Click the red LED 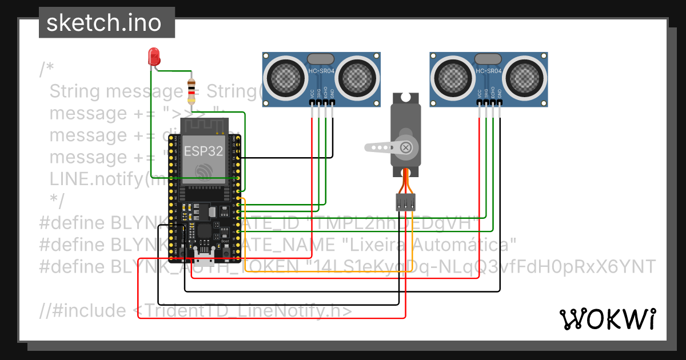coord(153,57)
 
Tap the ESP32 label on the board coord(204,151)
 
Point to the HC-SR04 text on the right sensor coord(489,71)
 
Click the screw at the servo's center coord(406,147)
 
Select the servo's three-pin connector coord(405,201)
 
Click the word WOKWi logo coord(607,319)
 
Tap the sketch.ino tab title coord(103,23)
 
